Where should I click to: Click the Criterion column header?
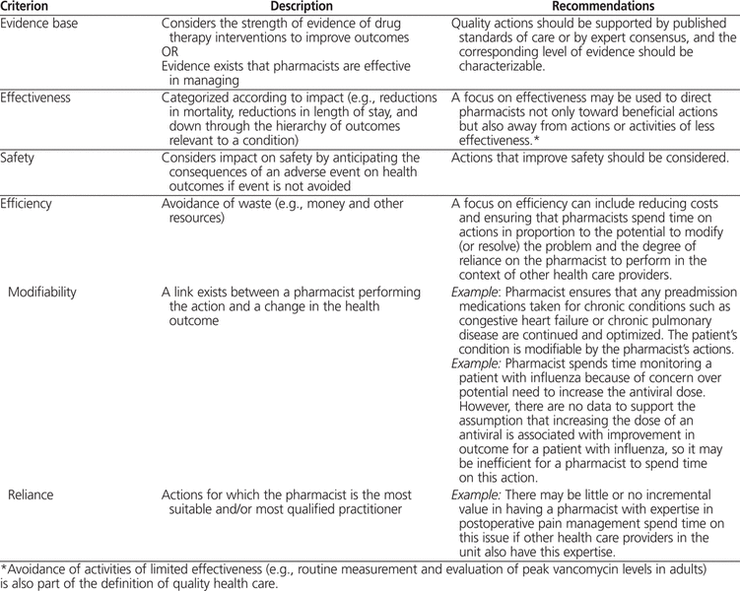(22, 6)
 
